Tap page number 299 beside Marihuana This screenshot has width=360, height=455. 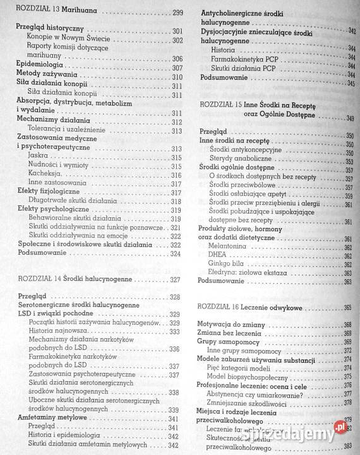[x=177, y=13]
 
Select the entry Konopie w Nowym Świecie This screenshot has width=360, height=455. [x=62, y=39]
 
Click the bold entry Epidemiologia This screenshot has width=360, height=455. [x=40, y=66]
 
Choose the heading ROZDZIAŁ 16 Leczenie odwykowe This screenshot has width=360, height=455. [x=255, y=306]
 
